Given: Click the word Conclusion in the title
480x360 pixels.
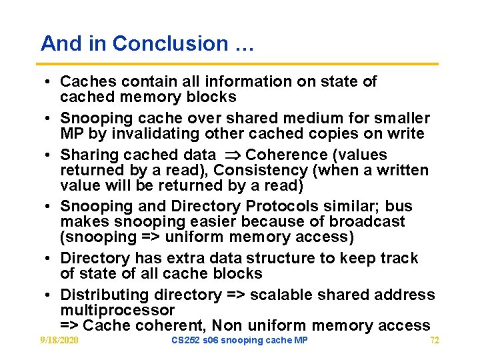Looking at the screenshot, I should pyautogui.click(x=170, y=43).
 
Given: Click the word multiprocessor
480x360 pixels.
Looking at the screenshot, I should pyautogui.click(x=117, y=310).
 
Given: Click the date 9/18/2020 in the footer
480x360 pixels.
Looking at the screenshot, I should pyautogui.click(x=59, y=341).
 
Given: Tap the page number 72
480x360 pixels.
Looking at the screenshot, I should pyautogui.click(x=435, y=341).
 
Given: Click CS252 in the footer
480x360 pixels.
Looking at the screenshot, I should pyautogui.click(x=184, y=341).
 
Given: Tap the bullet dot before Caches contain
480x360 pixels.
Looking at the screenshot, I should pyautogui.click(x=49, y=82).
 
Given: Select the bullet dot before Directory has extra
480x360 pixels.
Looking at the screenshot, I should pyautogui.click(x=49, y=259).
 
